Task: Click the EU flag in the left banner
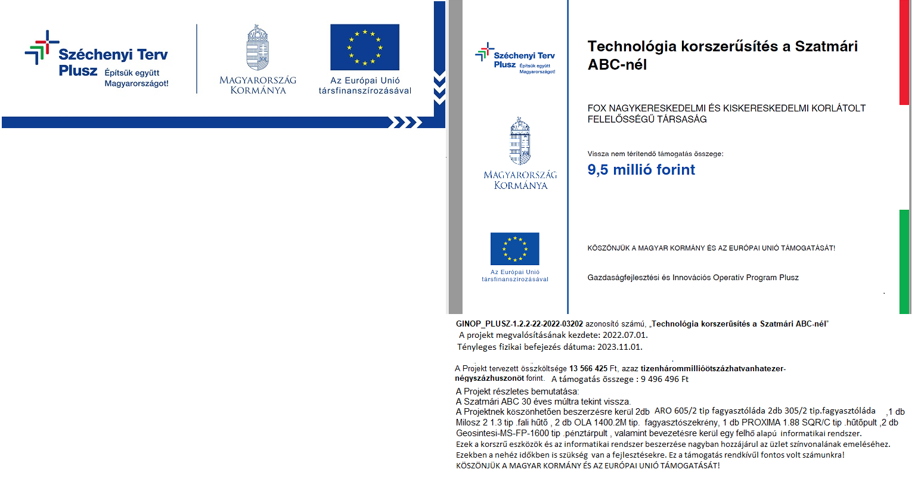click(365, 47)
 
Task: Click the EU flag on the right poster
click(514, 248)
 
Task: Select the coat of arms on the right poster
click(520, 141)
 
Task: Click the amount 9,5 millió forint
click(641, 170)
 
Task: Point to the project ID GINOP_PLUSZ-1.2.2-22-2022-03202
click(519, 324)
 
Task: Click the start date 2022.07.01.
click(625, 335)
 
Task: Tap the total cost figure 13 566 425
click(588, 369)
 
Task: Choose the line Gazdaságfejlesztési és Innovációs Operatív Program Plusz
click(693, 278)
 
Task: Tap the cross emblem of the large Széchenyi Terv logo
click(42, 47)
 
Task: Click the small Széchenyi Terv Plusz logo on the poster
click(515, 58)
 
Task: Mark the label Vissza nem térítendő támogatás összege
click(655, 154)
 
